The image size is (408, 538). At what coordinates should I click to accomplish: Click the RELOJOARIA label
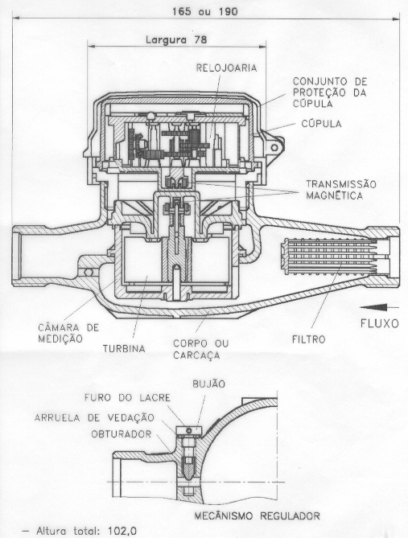(226, 68)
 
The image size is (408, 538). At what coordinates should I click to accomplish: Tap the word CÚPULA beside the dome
(321, 124)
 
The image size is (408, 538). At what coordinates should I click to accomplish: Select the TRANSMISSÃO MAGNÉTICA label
(341, 190)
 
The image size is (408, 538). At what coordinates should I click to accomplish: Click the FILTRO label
(308, 339)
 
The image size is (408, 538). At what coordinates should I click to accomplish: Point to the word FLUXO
(380, 323)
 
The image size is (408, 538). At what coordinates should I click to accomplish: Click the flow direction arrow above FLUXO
(380, 307)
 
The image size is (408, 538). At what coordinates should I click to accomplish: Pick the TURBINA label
(124, 348)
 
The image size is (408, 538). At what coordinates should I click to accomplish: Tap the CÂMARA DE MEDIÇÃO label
(68, 333)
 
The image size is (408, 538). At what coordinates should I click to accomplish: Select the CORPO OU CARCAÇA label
(201, 349)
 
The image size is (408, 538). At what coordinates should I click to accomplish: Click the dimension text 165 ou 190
(204, 12)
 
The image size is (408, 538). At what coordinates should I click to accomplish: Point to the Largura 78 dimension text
(176, 39)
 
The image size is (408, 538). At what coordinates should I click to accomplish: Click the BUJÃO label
(208, 384)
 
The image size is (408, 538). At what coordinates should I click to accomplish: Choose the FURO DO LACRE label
(127, 397)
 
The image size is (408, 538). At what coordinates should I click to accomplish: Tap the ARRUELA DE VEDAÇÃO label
(94, 417)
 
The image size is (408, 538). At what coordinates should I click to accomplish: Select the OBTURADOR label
(122, 434)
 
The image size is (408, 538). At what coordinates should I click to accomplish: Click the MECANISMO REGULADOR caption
(258, 515)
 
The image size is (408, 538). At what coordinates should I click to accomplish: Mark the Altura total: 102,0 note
(80, 531)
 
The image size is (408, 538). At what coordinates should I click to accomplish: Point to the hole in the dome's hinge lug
(274, 148)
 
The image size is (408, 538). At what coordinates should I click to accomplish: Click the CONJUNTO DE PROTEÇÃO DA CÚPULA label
(330, 92)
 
